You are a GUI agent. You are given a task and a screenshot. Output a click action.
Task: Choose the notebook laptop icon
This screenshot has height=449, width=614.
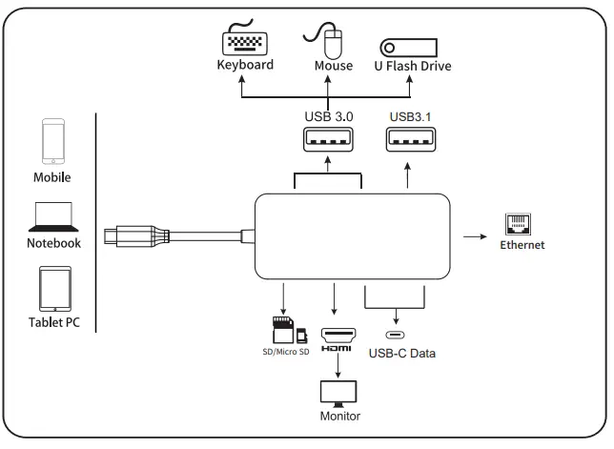(x=53, y=216)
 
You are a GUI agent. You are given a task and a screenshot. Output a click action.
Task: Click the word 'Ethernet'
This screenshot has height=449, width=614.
(x=522, y=245)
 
